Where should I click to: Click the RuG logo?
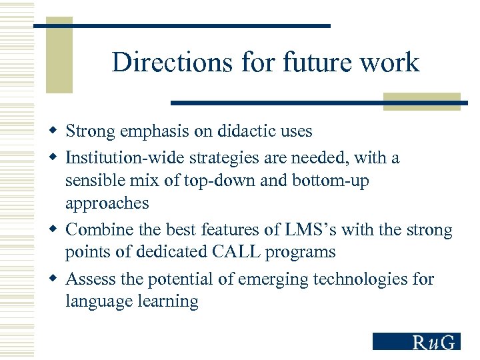(x=416, y=341)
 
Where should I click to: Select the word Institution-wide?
(x=125, y=158)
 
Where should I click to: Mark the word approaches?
(x=107, y=203)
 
